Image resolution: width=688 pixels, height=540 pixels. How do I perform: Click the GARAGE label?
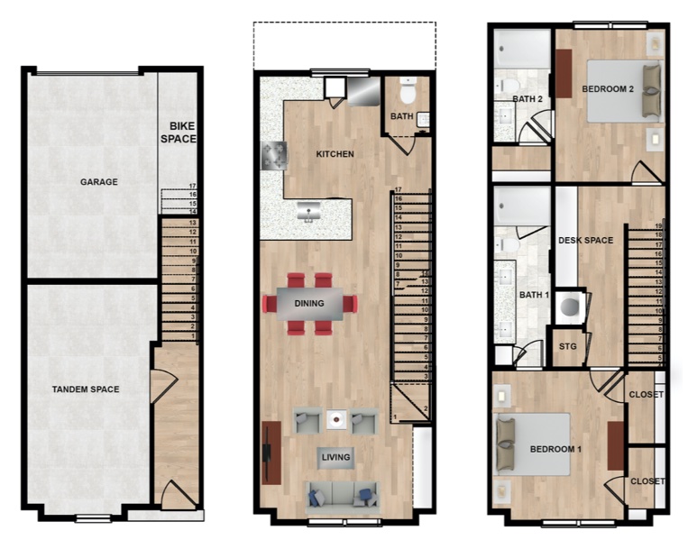click(x=98, y=181)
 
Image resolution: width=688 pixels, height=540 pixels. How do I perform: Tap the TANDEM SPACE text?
click(x=86, y=389)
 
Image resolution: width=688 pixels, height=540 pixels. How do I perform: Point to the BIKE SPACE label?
click(x=179, y=133)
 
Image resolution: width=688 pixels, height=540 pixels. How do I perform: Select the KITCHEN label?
click(x=335, y=154)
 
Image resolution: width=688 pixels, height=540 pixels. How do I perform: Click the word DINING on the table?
click(x=309, y=303)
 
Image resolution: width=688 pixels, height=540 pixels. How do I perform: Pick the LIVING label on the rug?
click(x=335, y=457)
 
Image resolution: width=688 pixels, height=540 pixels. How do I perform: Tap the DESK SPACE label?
click(x=585, y=241)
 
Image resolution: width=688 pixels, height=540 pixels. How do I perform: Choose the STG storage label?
click(x=568, y=346)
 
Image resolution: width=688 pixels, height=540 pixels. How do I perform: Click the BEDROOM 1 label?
click(x=555, y=449)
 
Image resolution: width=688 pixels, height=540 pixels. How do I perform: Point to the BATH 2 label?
click(x=527, y=99)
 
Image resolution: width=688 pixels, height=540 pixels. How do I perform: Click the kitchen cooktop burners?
click(x=274, y=156)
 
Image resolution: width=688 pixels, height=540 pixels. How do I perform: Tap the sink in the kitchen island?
click(x=308, y=212)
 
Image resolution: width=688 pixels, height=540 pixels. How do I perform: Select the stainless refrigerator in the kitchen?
click(x=363, y=91)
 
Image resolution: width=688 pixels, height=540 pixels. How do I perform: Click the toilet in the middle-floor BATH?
click(x=408, y=90)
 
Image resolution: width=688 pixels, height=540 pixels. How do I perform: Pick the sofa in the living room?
click(x=342, y=496)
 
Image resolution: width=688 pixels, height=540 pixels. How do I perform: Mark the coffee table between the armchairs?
click(x=336, y=420)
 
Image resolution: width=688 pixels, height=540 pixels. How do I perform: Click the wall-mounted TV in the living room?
click(x=267, y=453)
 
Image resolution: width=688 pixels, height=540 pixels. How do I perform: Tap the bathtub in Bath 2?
click(x=522, y=49)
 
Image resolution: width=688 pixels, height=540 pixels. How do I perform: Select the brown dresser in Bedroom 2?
click(x=564, y=73)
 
